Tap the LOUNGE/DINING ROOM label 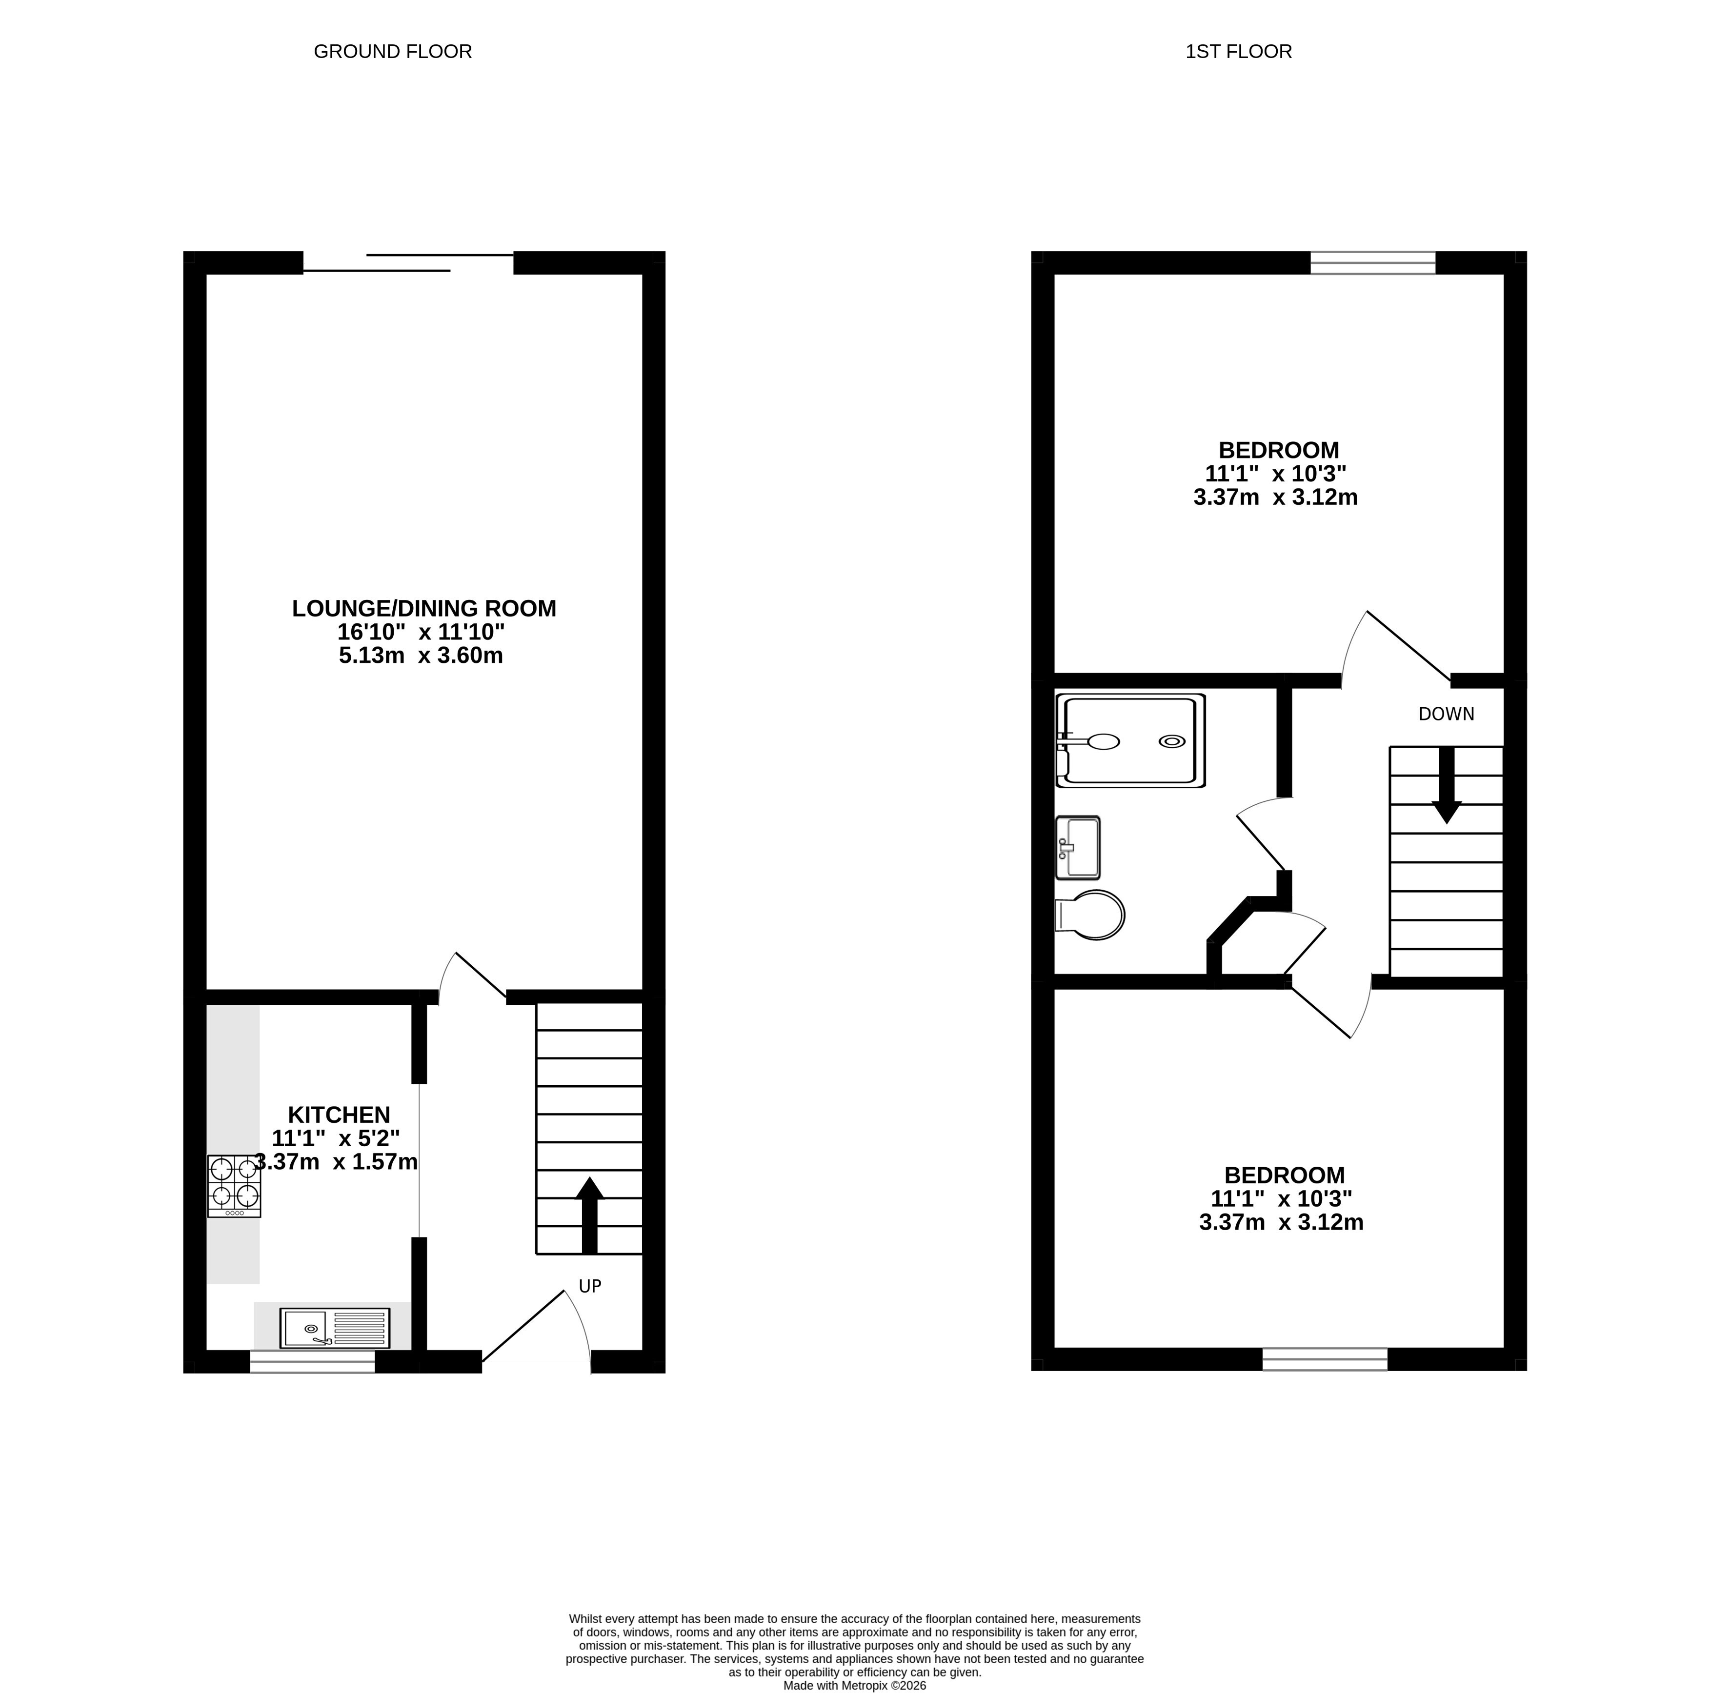click(x=424, y=609)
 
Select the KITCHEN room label click(x=339, y=1115)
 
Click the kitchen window click(x=312, y=1362)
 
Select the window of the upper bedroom click(x=1373, y=263)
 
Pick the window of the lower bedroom click(x=1325, y=1359)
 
